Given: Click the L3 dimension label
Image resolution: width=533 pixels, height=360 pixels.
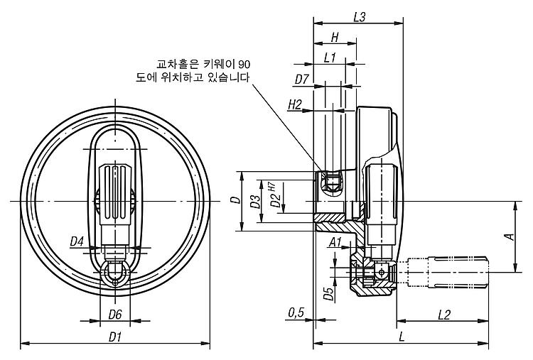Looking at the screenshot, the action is (x=359, y=17).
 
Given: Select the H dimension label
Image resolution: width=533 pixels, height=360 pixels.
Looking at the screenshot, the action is (x=335, y=38).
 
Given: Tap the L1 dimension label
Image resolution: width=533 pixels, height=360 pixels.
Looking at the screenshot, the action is (x=330, y=58).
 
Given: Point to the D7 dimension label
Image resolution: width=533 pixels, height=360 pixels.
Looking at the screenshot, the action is (x=301, y=80).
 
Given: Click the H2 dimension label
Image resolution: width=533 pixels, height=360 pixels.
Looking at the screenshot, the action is (x=295, y=105).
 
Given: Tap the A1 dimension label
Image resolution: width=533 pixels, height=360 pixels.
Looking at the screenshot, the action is (x=335, y=243).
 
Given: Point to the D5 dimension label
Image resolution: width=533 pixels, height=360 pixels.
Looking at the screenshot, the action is (x=328, y=294).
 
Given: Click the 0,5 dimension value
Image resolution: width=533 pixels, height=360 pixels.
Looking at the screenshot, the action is (x=296, y=313).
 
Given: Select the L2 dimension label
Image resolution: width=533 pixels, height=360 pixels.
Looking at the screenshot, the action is (x=444, y=315).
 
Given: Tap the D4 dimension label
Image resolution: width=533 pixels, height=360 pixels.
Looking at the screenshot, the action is (x=77, y=242).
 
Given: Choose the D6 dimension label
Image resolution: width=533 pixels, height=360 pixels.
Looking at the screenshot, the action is (x=115, y=315).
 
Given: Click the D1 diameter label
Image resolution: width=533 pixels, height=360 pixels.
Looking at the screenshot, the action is (x=115, y=337).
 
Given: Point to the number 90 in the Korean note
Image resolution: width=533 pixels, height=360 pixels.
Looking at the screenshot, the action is (x=244, y=64).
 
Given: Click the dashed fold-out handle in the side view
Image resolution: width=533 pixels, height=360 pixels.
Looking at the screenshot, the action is (x=447, y=273).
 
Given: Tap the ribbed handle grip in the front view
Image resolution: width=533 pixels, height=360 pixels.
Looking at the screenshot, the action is (x=115, y=194).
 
